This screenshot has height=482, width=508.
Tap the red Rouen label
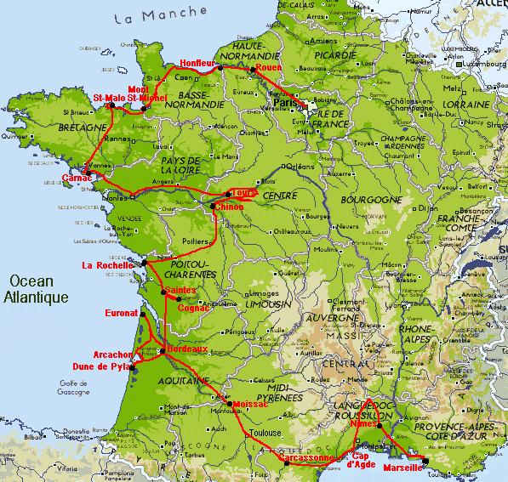tap(269, 68)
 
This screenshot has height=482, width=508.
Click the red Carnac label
tap(77, 179)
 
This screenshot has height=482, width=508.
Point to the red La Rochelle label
tap(107, 265)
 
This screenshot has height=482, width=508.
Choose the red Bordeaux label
tap(187, 349)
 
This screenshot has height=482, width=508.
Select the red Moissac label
tap(248, 404)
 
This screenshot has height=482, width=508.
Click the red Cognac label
tap(194, 308)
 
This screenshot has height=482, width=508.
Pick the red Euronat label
tap(120, 314)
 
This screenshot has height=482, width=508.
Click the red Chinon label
tap(230, 207)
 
